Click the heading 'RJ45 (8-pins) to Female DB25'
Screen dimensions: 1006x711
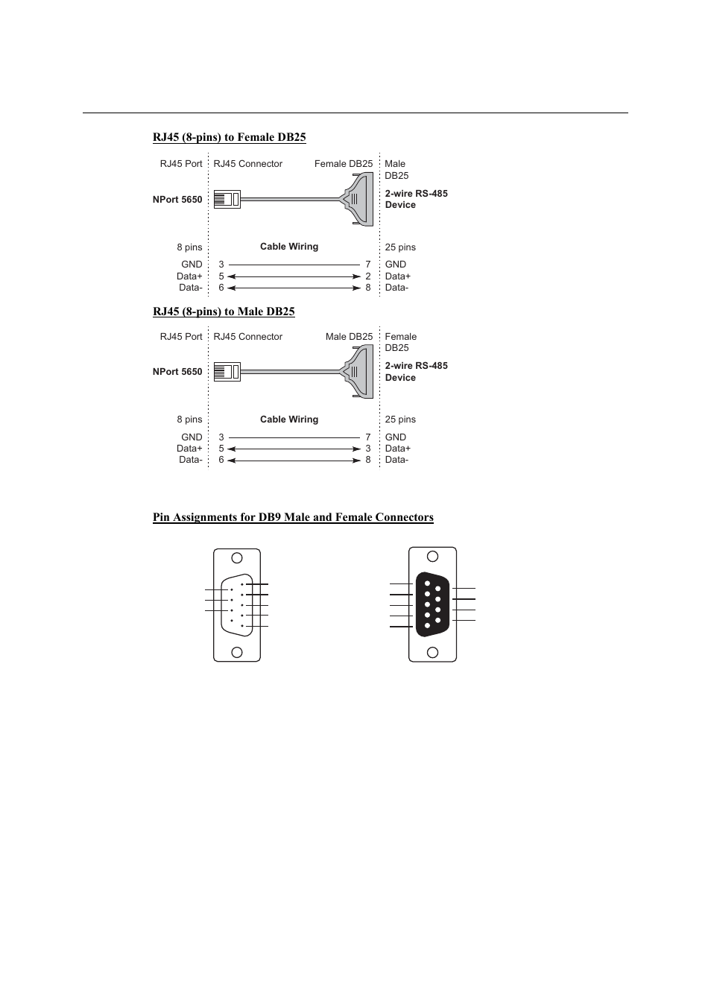point(229,137)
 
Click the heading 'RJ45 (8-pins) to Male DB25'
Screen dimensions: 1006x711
point(224,311)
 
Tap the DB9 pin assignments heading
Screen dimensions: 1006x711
point(293,517)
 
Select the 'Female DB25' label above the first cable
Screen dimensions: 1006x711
point(343,164)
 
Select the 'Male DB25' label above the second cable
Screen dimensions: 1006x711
point(349,337)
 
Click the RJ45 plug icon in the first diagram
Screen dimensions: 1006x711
point(227,200)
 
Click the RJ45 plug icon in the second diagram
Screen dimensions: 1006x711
point(227,372)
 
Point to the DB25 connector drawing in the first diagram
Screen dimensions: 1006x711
point(357,200)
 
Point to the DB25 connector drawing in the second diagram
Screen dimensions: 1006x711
point(358,372)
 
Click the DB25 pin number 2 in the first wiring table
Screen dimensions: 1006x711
point(368,276)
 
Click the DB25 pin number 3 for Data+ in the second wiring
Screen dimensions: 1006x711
point(368,449)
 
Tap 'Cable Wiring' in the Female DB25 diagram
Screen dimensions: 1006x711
point(289,247)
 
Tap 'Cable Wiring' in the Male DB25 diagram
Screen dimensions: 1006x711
point(289,420)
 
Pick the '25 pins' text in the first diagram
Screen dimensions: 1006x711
point(400,247)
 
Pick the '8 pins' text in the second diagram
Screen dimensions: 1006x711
point(189,420)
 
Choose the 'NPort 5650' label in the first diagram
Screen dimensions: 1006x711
point(177,200)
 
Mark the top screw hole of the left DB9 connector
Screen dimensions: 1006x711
point(237,558)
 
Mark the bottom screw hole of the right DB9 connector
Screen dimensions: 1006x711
point(432,652)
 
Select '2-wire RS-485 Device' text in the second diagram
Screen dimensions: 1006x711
point(416,372)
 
